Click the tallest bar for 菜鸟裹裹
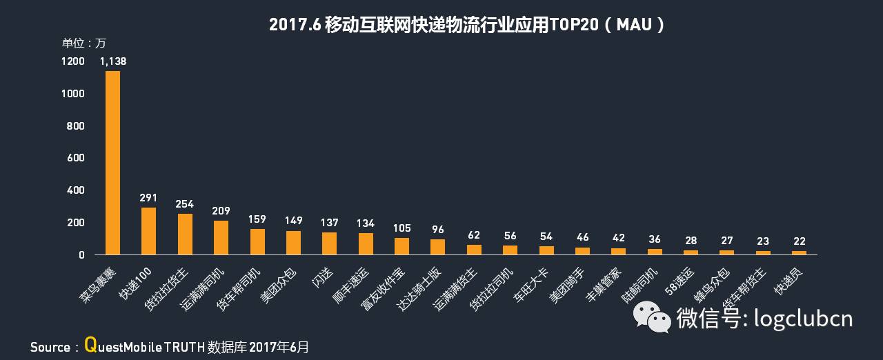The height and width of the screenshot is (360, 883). click(112, 163)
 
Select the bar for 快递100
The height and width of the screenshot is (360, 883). click(148, 231)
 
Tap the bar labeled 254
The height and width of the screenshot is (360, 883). click(185, 234)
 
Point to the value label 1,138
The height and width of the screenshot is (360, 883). click(113, 61)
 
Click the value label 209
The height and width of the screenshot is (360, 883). click(221, 211)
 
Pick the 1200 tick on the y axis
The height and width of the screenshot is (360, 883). click(72, 61)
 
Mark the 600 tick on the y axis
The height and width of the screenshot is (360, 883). click(76, 158)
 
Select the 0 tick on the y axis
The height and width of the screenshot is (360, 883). click(81, 255)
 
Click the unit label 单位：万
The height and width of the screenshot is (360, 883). click(84, 43)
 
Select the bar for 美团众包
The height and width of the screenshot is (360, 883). click(293, 243)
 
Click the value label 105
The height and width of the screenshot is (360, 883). click(401, 228)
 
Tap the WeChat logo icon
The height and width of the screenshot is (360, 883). click(651, 318)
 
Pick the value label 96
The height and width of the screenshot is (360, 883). click(437, 230)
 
